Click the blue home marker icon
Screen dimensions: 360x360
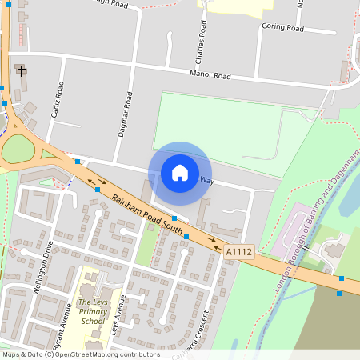180,172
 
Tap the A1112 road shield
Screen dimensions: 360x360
238,251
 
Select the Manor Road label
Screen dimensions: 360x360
210,75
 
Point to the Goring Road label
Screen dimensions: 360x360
282,27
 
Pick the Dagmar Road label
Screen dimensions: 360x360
124,114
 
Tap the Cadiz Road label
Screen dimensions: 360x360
57,100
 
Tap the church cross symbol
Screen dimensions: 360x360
22,72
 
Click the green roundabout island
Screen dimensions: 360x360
18,150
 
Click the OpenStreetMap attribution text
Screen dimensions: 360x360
81,354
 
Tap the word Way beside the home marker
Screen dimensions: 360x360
207,180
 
